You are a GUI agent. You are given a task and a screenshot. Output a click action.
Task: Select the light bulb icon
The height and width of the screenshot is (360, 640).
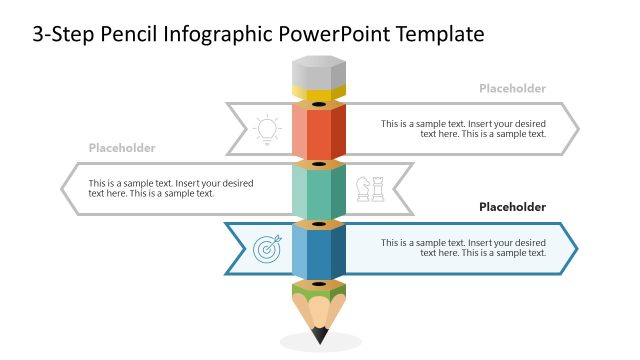tap(267, 129)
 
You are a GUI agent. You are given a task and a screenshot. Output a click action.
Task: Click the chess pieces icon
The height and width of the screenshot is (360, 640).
tap(370, 189)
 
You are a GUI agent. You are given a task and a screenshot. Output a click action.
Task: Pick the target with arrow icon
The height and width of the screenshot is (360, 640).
tap(267, 249)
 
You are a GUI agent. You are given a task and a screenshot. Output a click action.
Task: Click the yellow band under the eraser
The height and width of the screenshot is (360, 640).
tap(319, 94)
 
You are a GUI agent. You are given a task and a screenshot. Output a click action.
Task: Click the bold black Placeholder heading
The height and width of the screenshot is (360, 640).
tap(512, 208)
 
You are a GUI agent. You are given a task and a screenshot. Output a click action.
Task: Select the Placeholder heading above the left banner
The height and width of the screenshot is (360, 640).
tap(122, 148)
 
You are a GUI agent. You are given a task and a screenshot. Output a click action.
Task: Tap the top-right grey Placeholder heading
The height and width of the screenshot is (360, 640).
tap(512, 88)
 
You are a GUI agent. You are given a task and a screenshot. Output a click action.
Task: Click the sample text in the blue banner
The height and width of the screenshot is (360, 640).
tap(463, 248)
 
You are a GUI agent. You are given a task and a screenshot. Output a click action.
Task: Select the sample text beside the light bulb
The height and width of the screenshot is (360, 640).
tap(463, 128)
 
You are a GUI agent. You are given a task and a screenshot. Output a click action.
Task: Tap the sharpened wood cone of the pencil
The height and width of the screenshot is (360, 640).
tap(319, 308)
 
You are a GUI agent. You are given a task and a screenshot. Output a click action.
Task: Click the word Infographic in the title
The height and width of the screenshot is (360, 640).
tap(223, 34)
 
